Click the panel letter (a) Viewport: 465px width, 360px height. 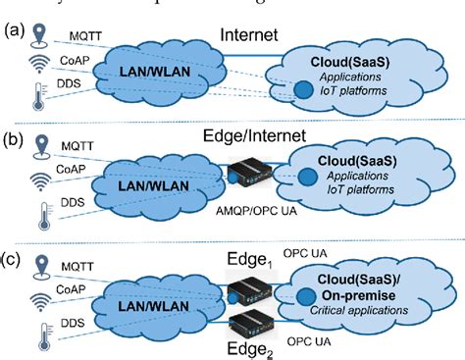tap(13, 29)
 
